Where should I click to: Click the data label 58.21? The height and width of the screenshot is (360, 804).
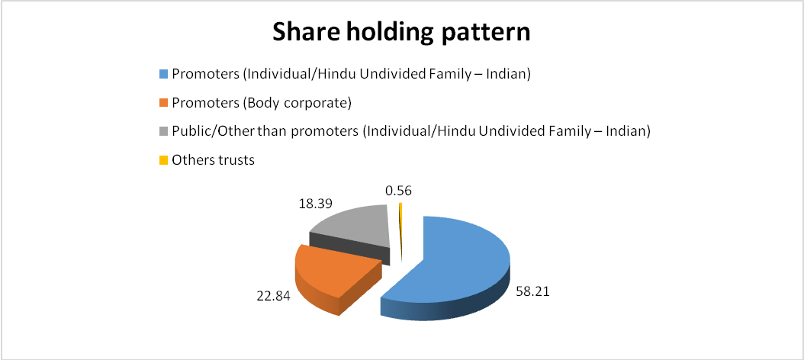click(534, 295)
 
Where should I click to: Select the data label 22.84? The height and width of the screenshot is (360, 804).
click(271, 295)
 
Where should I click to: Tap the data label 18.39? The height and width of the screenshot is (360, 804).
click(315, 203)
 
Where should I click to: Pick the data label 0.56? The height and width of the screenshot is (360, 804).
click(398, 191)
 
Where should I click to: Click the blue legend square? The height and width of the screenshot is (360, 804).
click(163, 74)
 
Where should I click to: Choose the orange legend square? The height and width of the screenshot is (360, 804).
click(163, 103)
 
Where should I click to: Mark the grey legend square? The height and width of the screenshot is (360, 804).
click(163, 132)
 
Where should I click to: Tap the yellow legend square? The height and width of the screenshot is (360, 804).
click(163, 160)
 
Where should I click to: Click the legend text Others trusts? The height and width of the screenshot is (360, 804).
click(214, 160)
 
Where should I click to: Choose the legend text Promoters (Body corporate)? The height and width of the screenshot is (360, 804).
click(262, 103)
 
